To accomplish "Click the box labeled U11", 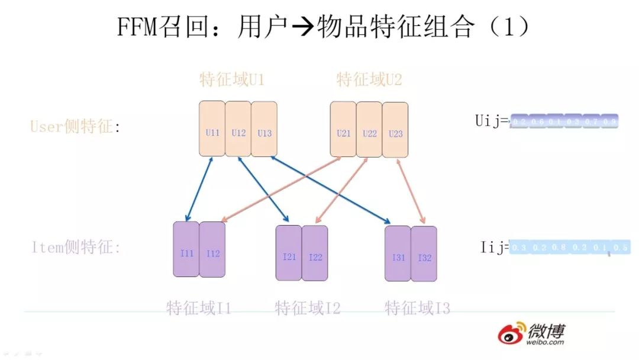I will point(212,129).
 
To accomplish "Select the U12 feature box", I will point(238,129).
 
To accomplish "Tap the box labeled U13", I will point(264,129).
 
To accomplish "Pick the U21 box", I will point(343,129).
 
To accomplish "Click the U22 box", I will point(369,129).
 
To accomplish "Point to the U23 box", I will point(395,129).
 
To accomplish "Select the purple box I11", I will point(186,249).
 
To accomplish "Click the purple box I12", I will point(212,249).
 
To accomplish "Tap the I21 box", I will point(289,253).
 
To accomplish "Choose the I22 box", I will point(315,253).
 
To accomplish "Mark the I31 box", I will point(398,253).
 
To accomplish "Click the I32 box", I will point(424,253).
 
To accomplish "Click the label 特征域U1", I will point(231,79).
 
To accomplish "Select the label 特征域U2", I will point(369,79).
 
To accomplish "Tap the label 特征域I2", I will point(307,308).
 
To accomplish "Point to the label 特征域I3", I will point(417,308).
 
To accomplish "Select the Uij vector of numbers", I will point(563,121).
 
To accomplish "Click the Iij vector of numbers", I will point(569,247).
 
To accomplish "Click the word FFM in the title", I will point(137,27).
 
